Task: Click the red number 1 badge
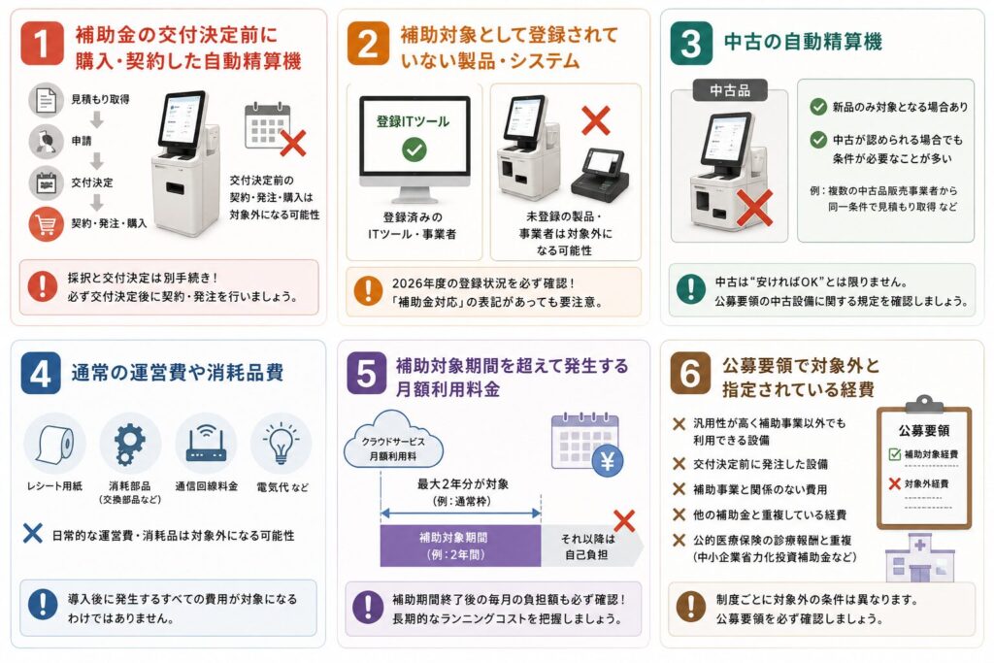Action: coord(42,43)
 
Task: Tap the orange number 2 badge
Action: coord(368,43)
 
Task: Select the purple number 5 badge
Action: coord(366,374)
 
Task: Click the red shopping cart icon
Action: coord(47,223)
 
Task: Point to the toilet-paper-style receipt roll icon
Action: coord(54,444)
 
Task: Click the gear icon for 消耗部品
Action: coord(129,444)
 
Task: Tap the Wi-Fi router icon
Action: coord(206,444)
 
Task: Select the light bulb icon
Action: coord(281,443)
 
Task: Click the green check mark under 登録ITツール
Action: coord(414,149)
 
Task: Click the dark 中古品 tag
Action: coord(730,90)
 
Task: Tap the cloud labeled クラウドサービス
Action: coord(393,440)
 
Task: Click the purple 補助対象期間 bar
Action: coord(460,546)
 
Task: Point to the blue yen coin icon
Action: coord(608,461)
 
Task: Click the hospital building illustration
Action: coord(919,558)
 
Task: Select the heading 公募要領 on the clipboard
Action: coord(924,430)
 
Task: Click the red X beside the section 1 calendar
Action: coord(293,144)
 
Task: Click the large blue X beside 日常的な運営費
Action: coord(32,534)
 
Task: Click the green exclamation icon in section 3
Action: coord(690,289)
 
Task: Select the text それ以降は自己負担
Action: coord(587,547)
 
